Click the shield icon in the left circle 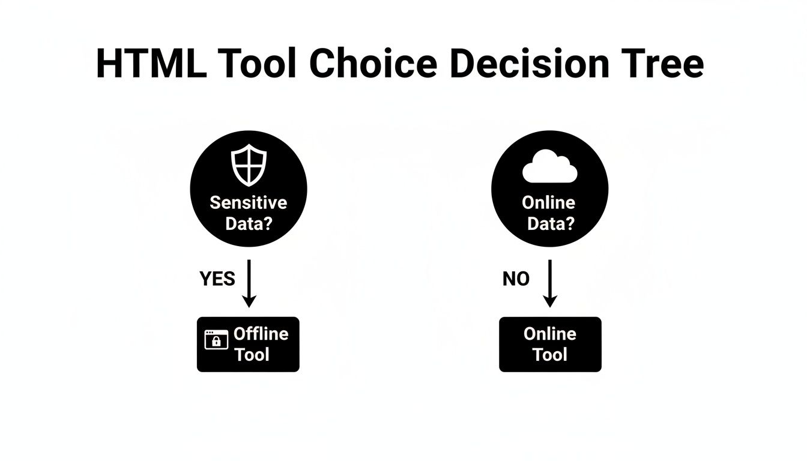pyautogui.click(x=248, y=164)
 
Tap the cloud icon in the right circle pyautogui.click(x=549, y=167)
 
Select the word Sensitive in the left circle pyautogui.click(x=248, y=202)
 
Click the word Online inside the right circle pyautogui.click(x=549, y=202)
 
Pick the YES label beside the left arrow pyautogui.click(x=217, y=279)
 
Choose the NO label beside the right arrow pyautogui.click(x=516, y=279)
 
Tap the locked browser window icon pyautogui.click(x=216, y=340)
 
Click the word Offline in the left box pyautogui.click(x=261, y=334)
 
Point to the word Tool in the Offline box pyautogui.click(x=252, y=354)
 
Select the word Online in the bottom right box pyautogui.click(x=550, y=334)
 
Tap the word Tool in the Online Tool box pyautogui.click(x=550, y=354)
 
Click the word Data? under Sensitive pyautogui.click(x=248, y=223)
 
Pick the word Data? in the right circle pyautogui.click(x=551, y=223)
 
